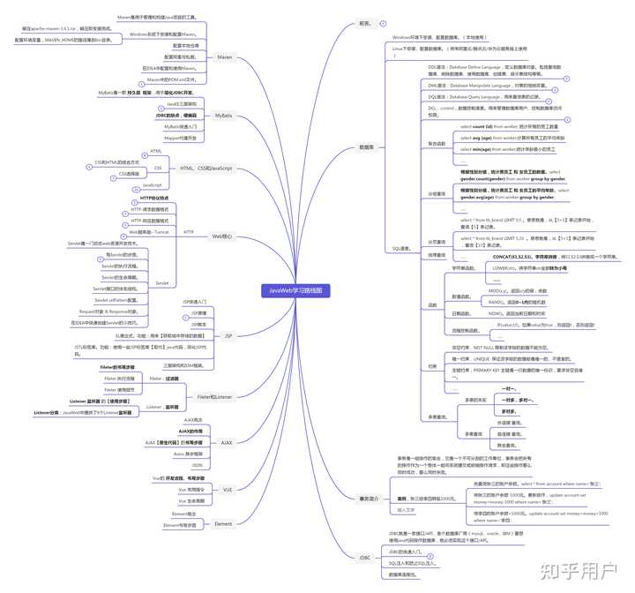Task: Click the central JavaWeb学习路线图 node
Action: (295, 290)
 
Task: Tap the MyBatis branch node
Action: (223, 116)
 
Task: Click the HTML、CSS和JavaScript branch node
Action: (205, 168)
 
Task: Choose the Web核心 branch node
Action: (222, 236)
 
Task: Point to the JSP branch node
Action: (228, 336)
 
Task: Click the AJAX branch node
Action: (227, 441)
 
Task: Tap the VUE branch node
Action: (228, 489)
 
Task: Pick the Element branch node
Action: (223, 523)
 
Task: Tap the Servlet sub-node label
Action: (161, 283)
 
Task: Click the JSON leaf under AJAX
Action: (197, 464)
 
